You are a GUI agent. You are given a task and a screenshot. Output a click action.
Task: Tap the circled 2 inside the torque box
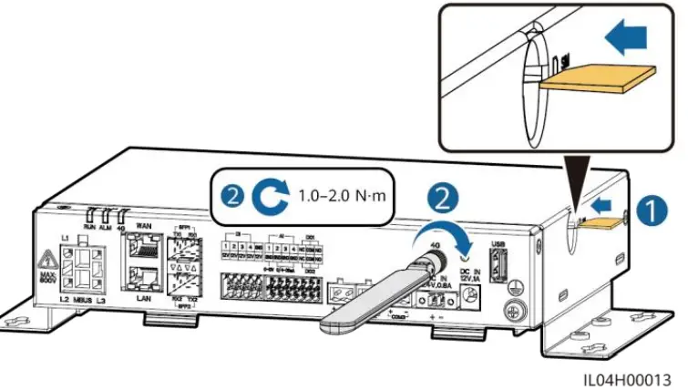pyautogui.click(x=233, y=194)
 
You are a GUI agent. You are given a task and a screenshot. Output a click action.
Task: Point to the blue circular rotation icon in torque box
pyautogui.click(x=272, y=194)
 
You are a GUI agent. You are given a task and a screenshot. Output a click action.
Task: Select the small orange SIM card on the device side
pyautogui.click(x=600, y=220)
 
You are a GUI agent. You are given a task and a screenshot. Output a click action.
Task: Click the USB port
pyautogui.click(x=498, y=264)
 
